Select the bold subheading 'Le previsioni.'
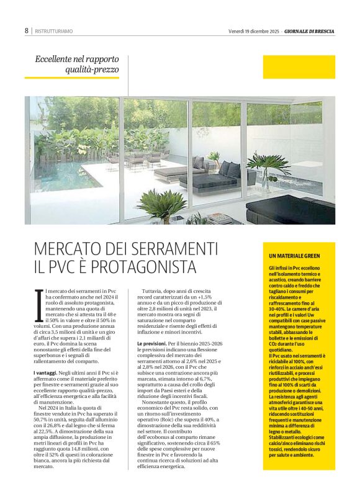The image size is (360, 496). (155, 342)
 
